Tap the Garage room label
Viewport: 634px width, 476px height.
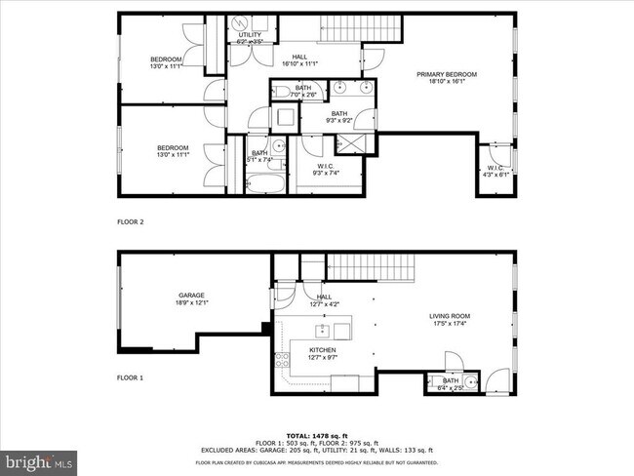click(191, 298)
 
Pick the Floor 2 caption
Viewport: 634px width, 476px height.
click(130, 222)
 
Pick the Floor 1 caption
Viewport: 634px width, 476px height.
click(130, 377)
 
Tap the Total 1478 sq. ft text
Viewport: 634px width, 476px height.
click(317, 435)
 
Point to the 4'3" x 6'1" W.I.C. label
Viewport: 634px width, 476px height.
click(494, 171)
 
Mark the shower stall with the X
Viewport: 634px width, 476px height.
click(348, 143)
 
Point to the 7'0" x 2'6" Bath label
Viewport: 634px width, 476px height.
click(302, 91)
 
